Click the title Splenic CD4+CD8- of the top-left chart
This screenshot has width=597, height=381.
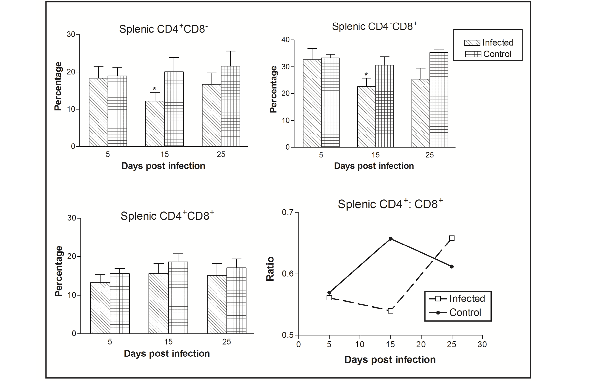163,29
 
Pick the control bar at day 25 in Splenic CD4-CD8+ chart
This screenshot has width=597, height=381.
439,100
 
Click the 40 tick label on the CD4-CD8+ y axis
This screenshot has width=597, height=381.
285,40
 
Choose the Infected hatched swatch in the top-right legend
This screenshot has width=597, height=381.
472,43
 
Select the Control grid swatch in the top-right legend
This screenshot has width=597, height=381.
473,54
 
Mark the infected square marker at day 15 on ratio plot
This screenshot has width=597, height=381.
391,311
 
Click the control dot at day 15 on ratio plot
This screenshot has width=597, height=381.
391,239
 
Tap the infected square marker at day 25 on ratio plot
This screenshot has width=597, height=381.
452,238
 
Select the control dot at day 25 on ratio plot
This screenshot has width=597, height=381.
452,266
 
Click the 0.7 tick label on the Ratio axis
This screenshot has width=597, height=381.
288,213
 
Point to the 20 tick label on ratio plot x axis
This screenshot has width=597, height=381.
421,344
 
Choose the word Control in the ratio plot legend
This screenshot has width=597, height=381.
465,312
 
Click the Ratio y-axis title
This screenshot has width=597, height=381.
270,269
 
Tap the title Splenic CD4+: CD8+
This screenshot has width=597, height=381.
390,204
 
